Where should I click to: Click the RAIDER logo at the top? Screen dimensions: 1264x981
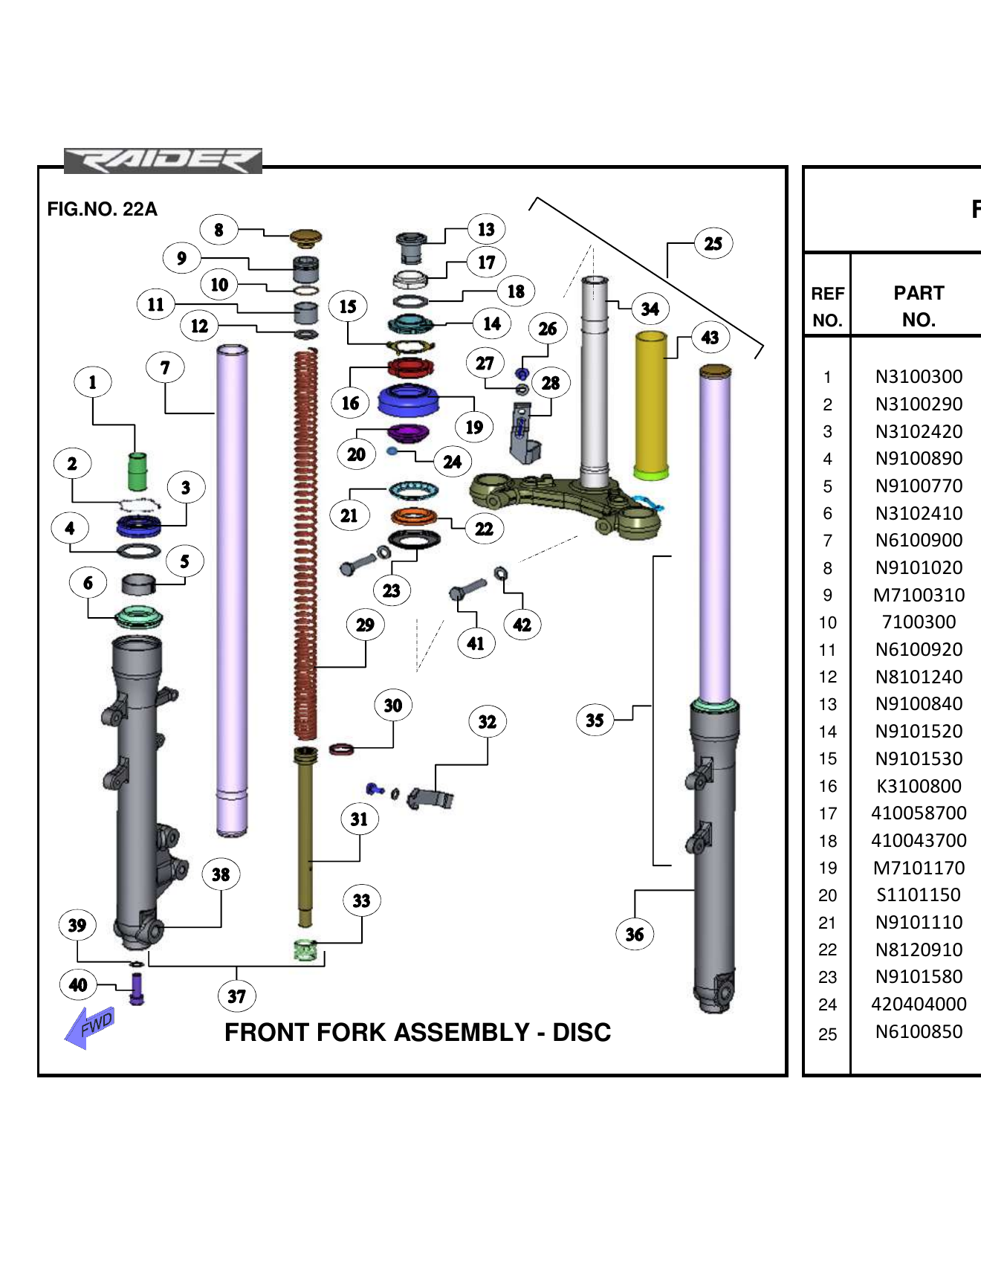[x=163, y=161]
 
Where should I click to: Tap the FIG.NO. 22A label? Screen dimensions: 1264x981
[x=102, y=210]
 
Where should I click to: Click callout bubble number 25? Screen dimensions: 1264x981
[x=713, y=244]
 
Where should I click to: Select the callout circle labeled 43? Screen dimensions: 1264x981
[x=710, y=338]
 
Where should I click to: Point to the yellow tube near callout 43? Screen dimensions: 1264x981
[x=651, y=405]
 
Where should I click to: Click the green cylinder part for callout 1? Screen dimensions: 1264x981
[x=137, y=471]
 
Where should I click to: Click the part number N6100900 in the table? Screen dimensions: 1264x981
[x=919, y=541]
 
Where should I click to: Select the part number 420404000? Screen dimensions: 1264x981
[x=919, y=1005]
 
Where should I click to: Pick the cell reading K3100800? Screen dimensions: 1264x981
[x=919, y=787]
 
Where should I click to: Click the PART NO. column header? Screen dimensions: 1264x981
[x=919, y=306]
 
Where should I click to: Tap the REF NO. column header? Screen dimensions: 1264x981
[x=827, y=306]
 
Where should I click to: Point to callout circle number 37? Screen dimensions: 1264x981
[x=236, y=996]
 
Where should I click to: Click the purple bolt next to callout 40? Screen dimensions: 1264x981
[x=137, y=990]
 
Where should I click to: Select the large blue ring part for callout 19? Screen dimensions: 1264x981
[x=408, y=401]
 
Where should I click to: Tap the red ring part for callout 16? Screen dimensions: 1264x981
[x=410, y=367]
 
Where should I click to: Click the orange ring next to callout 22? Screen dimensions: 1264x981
[x=414, y=516]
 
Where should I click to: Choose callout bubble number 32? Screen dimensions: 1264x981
[x=487, y=722]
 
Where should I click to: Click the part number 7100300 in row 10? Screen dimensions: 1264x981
[x=919, y=622]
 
